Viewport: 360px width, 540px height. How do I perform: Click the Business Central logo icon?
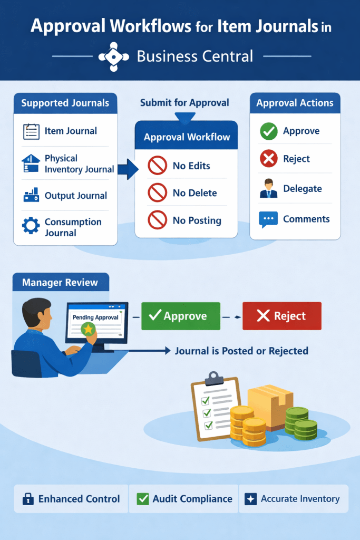tap(113, 56)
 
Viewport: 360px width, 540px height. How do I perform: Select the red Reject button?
tap(281, 316)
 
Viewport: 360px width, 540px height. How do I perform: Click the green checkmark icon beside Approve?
tap(268, 131)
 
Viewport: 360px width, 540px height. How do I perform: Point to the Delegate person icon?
tap(268, 189)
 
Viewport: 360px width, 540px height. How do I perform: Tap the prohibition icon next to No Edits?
tap(157, 166)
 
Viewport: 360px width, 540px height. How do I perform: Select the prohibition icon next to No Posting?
tap(157, 221)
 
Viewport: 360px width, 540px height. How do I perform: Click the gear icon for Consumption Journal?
tap(31, 227)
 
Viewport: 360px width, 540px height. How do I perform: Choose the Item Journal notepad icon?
tap(31, 131)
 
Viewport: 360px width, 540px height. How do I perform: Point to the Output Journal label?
tap(76, 196)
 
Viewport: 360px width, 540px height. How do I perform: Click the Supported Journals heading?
tap(65, 103)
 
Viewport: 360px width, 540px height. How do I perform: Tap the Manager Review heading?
tap(60, 283)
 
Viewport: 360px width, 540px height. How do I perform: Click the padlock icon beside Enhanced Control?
tap(27, 499)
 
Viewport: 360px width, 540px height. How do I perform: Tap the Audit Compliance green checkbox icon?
tap(142, 499)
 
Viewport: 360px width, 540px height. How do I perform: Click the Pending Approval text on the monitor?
tap(95, 317)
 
